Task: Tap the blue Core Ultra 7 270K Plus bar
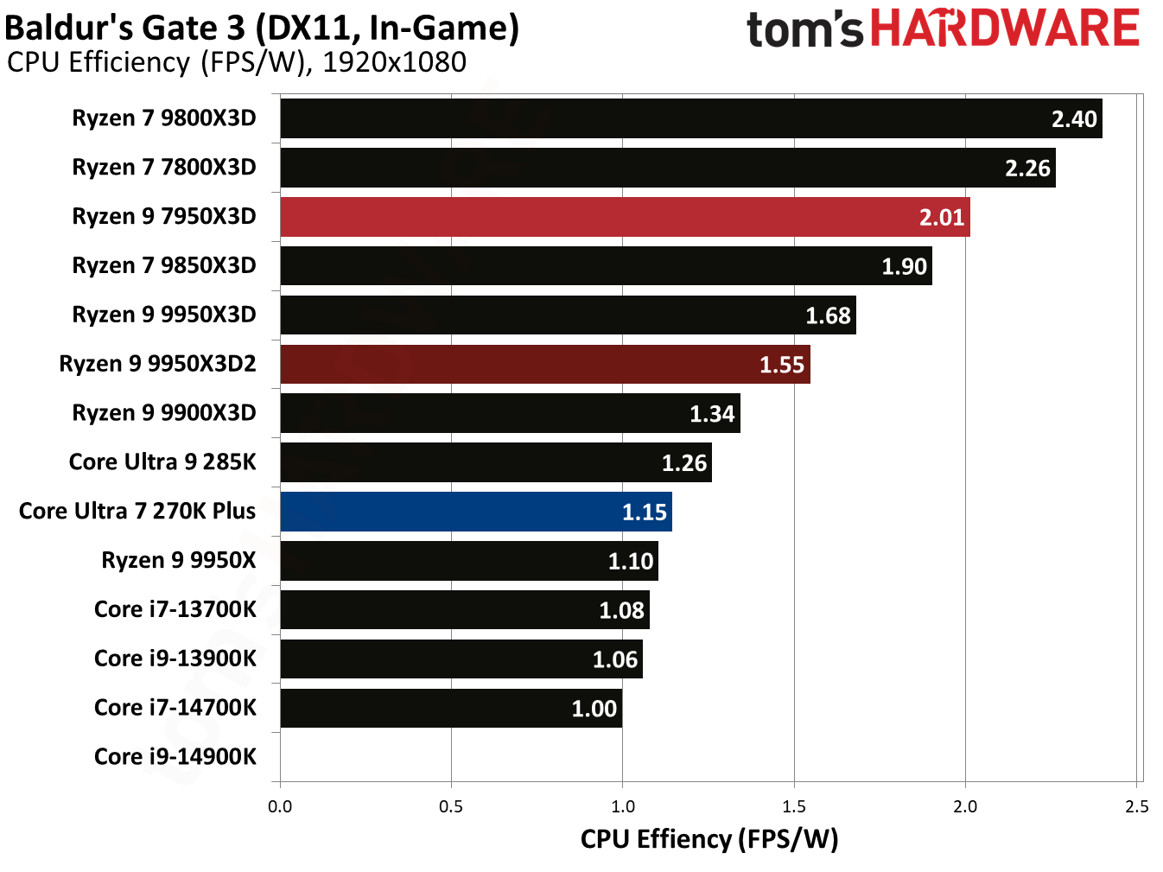(x=475, y=512)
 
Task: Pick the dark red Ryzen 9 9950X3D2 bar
(x=544, y=364)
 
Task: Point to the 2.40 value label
(x=1074, y=119)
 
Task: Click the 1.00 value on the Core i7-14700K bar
(x=594, y=710)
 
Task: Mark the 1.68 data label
(x=828, y=316)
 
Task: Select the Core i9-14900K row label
(x=175, y=757)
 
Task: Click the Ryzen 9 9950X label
(x=179, y=561)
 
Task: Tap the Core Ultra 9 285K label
(x=162, y=462)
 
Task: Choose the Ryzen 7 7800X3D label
(x=164, y=168)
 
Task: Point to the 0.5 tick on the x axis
(x=451, y=807)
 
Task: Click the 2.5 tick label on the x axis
(x=1137, y=807)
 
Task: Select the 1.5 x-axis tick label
(x=794, y=807)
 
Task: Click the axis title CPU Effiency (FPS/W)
(x=709, y=839)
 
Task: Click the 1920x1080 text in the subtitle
(x=394, y=62)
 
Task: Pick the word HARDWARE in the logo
(x=1005, y=29)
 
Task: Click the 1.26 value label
(x=683, y=463)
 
